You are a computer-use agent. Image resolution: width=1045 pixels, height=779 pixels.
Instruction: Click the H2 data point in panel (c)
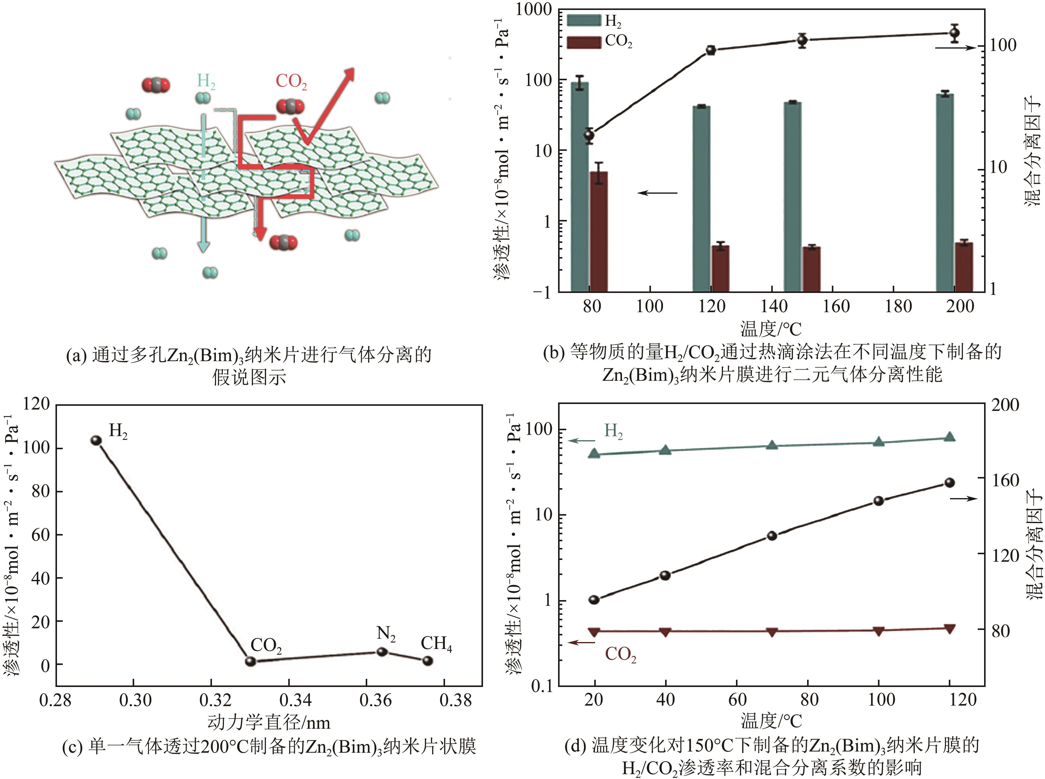coord(96,440)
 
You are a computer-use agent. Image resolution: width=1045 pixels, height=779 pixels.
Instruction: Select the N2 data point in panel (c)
coord(382,652)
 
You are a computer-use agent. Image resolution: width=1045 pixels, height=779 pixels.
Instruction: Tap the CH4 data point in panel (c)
coord(427,661)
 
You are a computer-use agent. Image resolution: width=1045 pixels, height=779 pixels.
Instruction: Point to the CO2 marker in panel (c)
coord(251,661)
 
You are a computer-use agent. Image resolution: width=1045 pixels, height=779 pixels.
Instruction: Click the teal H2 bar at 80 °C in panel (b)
coord(579,189)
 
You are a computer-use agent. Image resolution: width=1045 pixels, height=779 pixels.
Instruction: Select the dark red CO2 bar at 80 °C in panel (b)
coord(599,231)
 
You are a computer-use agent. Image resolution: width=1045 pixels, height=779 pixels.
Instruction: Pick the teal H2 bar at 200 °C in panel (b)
coord(945,193)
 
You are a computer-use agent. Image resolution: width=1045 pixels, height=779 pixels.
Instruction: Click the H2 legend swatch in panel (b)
coord(584,20)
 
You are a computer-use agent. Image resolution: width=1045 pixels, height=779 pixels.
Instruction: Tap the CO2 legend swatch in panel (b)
coord(584,42)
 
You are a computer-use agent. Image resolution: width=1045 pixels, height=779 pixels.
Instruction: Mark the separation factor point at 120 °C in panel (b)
coord(711,50)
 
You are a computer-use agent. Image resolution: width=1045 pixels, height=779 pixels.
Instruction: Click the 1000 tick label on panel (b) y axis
coord(533,9)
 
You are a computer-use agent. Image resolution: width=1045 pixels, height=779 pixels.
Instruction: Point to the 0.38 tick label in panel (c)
coord(455,700)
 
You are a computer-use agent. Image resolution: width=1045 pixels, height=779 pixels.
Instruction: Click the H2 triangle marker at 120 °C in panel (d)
coord(950,437)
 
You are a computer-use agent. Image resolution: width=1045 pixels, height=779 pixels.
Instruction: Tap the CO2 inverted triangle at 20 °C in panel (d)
coord(594,632)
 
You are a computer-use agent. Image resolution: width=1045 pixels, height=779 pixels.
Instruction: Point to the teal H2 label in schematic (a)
coord(206,81)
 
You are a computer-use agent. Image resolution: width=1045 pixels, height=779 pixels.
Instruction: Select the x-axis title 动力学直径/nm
coord(269,722)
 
